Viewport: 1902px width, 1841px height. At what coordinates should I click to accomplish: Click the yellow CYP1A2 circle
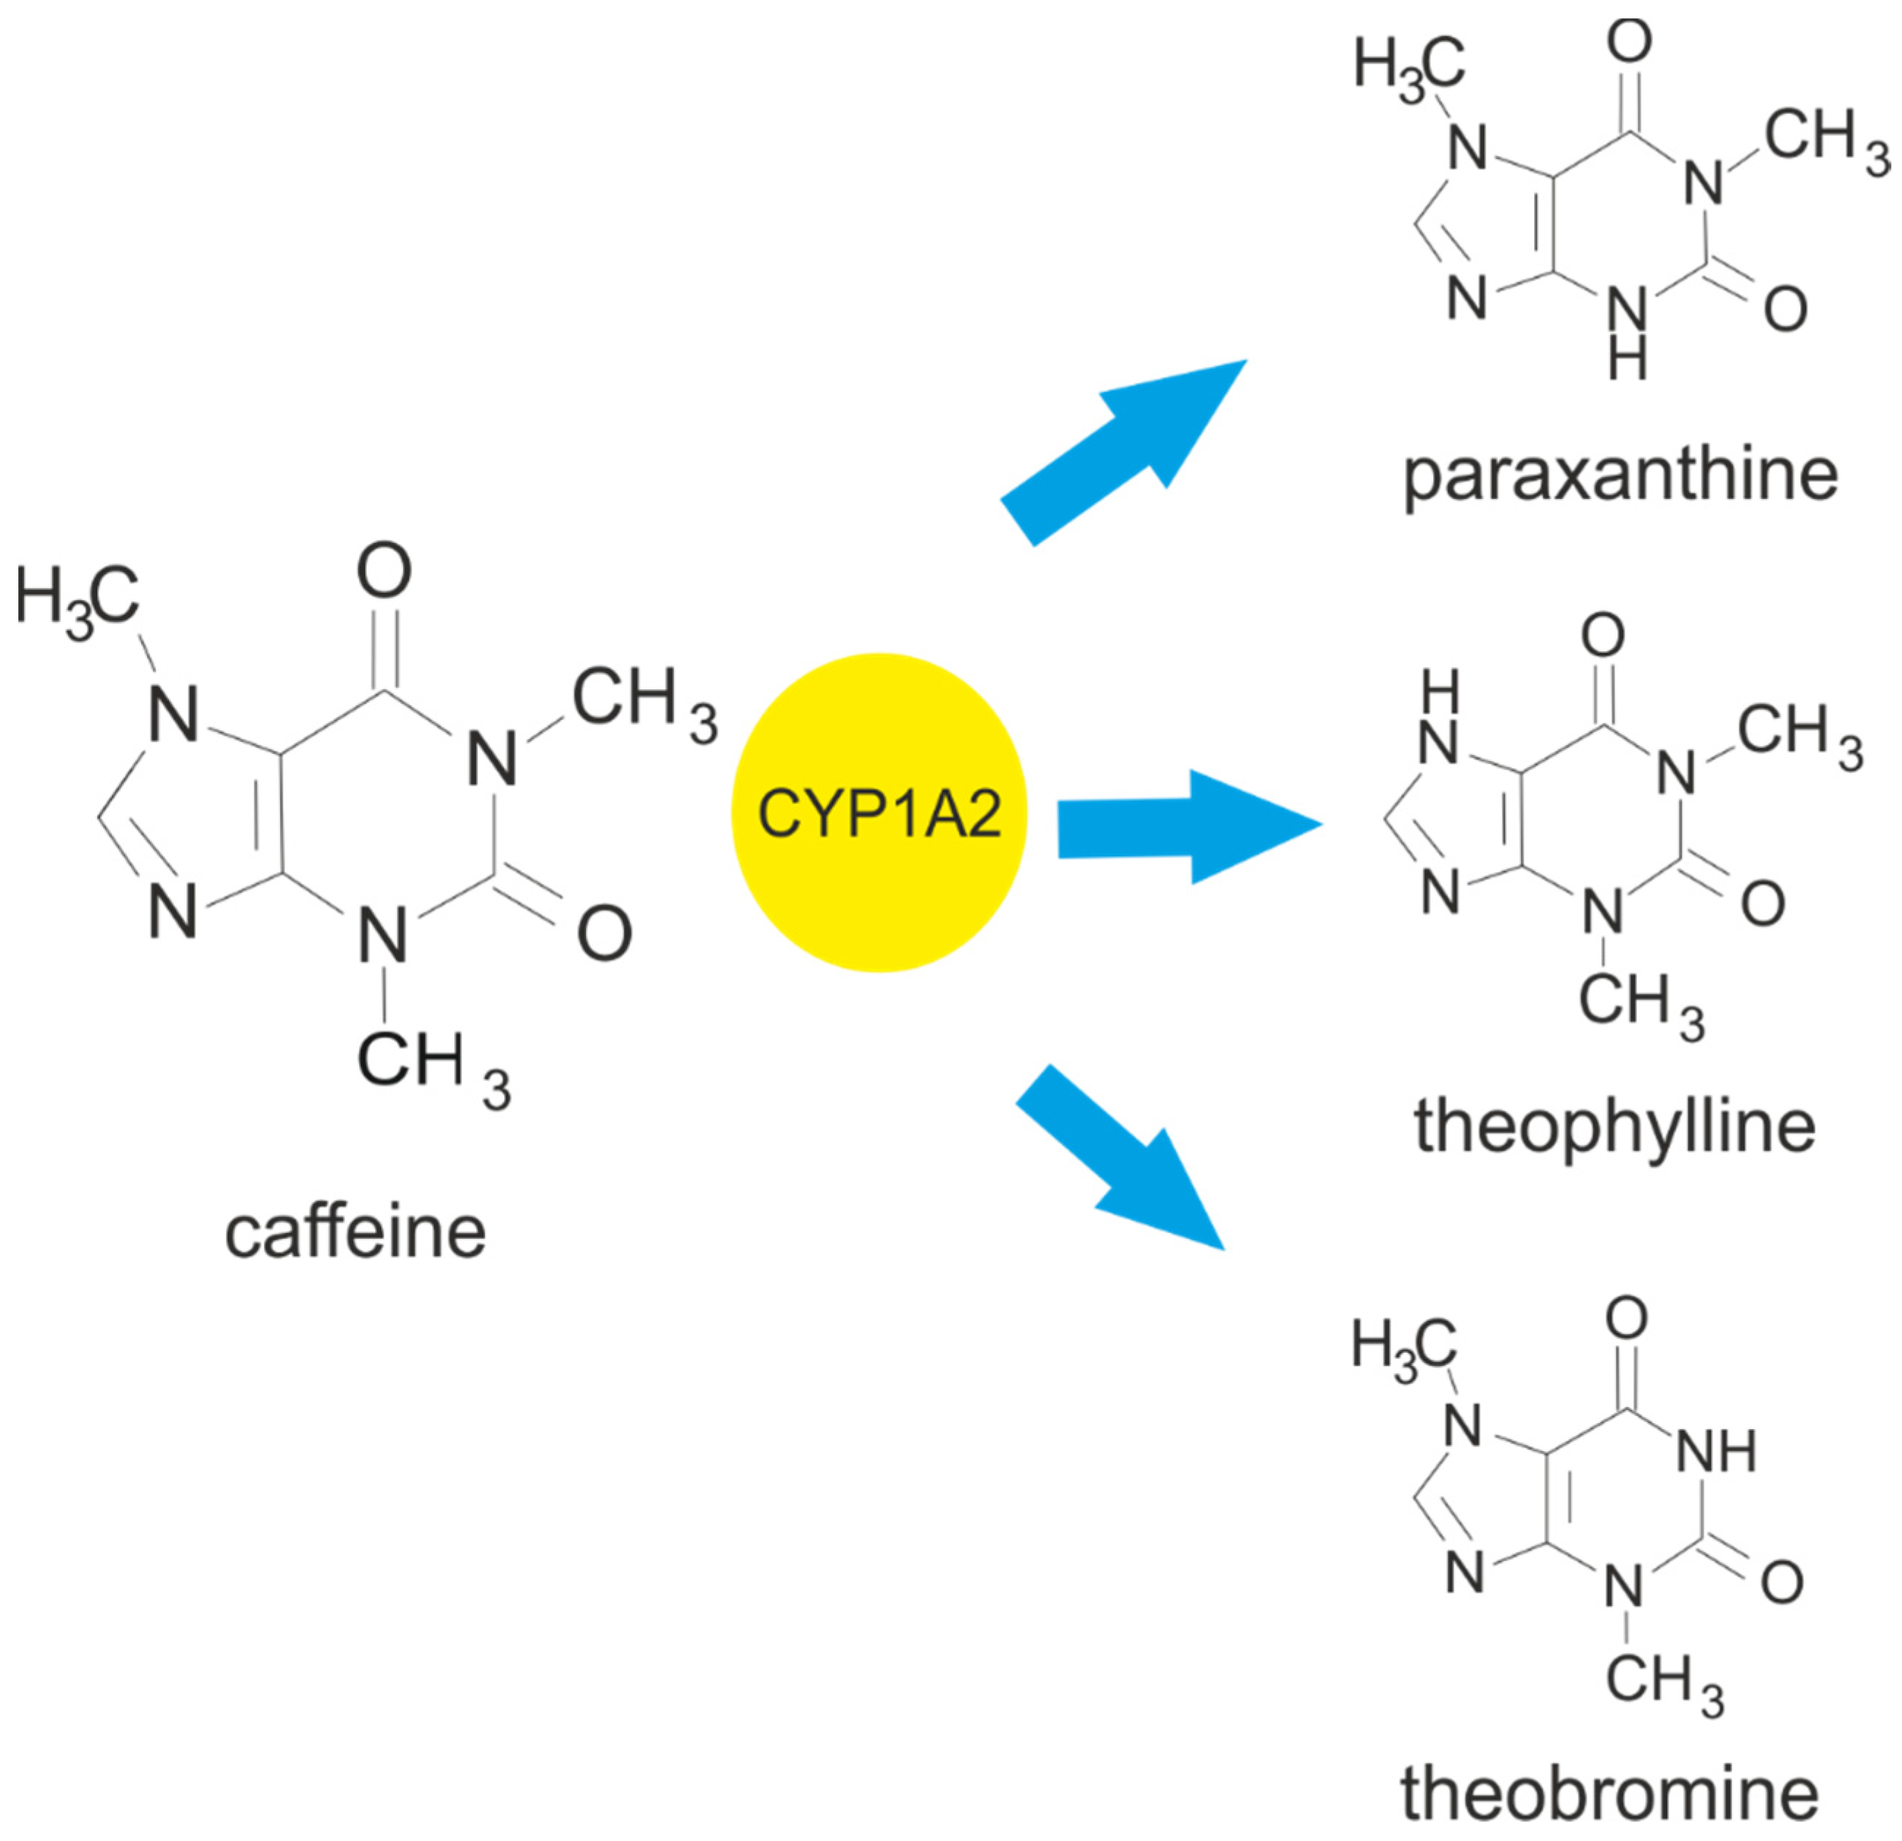[x=879, y=812]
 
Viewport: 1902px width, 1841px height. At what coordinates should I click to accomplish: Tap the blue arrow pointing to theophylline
[x=1184, y=827]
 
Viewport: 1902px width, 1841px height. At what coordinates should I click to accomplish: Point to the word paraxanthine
[x=1620, y=476]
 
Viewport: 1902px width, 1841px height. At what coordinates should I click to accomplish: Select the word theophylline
[x=1614, y=1126]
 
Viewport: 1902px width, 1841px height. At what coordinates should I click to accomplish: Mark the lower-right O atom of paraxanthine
[x=1784, y=309]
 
